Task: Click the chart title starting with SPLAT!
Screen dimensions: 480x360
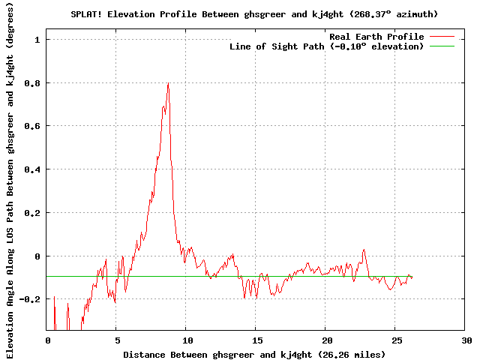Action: [254, 14]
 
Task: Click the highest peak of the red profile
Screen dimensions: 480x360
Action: [168, 83]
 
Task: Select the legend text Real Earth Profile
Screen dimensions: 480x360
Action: [376, 37]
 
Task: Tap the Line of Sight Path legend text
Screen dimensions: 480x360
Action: [326, 46]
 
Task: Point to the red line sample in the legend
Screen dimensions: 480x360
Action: [442, 37]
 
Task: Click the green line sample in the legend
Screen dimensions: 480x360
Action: [442, 46]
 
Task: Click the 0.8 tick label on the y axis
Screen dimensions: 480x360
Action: [32, 83]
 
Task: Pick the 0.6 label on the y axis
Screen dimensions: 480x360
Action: [32, 126]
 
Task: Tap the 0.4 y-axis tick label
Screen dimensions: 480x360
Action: [32, 169]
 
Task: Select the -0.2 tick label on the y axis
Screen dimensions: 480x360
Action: [30, 299]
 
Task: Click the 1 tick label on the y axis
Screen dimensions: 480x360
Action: [37, 40]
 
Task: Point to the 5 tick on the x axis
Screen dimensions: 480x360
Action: [118, 340]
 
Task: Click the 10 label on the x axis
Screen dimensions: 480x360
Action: [187, 340]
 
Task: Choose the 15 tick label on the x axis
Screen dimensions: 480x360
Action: [257, 340]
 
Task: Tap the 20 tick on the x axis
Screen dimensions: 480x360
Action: [327, 340]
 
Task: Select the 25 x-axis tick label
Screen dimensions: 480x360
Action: [397, 340]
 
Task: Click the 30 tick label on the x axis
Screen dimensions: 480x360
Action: [466, 340]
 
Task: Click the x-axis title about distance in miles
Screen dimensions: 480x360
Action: [254, 355]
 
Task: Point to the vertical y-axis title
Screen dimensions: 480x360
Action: [10, 180]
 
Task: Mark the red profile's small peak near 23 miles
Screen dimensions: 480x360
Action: [364, 250]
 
